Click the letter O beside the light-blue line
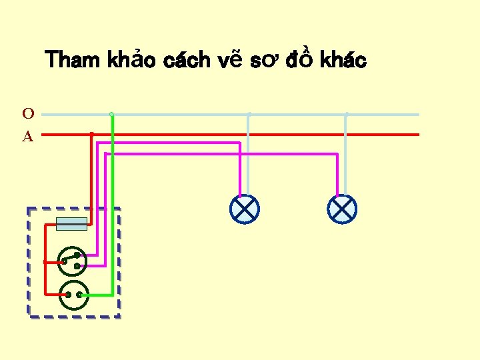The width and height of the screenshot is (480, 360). pos(29,114)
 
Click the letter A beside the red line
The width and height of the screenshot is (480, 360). pos(28,137)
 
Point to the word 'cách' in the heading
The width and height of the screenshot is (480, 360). pos(186,61)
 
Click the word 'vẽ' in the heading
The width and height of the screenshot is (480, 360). pos(230,61)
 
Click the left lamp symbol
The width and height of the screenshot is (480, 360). pos(244,209)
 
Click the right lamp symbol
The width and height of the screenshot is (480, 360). pos(342,209)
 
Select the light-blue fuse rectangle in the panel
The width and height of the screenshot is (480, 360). pos(71,224)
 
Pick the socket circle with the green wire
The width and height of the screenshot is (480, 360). pos(74,295)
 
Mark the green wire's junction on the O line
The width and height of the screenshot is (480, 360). pos(112,115)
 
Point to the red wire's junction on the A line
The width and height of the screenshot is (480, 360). pos(91,134)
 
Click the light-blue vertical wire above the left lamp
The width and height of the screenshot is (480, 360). pos(249,160)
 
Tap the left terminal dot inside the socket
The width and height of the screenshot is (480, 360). pos(68,295)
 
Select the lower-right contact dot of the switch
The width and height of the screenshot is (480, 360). pos(77,266)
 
